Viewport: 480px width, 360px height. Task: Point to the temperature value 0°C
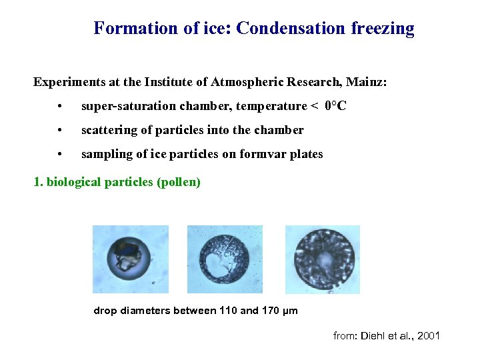(335, 107)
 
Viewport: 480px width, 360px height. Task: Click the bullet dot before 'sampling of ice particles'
(60, 155)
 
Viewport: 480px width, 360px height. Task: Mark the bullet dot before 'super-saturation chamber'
(60, 107)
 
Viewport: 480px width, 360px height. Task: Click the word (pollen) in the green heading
(178, 181)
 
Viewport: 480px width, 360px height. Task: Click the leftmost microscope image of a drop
(130, 259)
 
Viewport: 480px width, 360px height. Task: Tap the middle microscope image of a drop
(225, 259)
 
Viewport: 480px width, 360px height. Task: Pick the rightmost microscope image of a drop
(322, 259)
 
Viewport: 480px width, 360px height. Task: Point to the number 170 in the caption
(269, 311)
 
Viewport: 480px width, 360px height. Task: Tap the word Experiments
(66, 83)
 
